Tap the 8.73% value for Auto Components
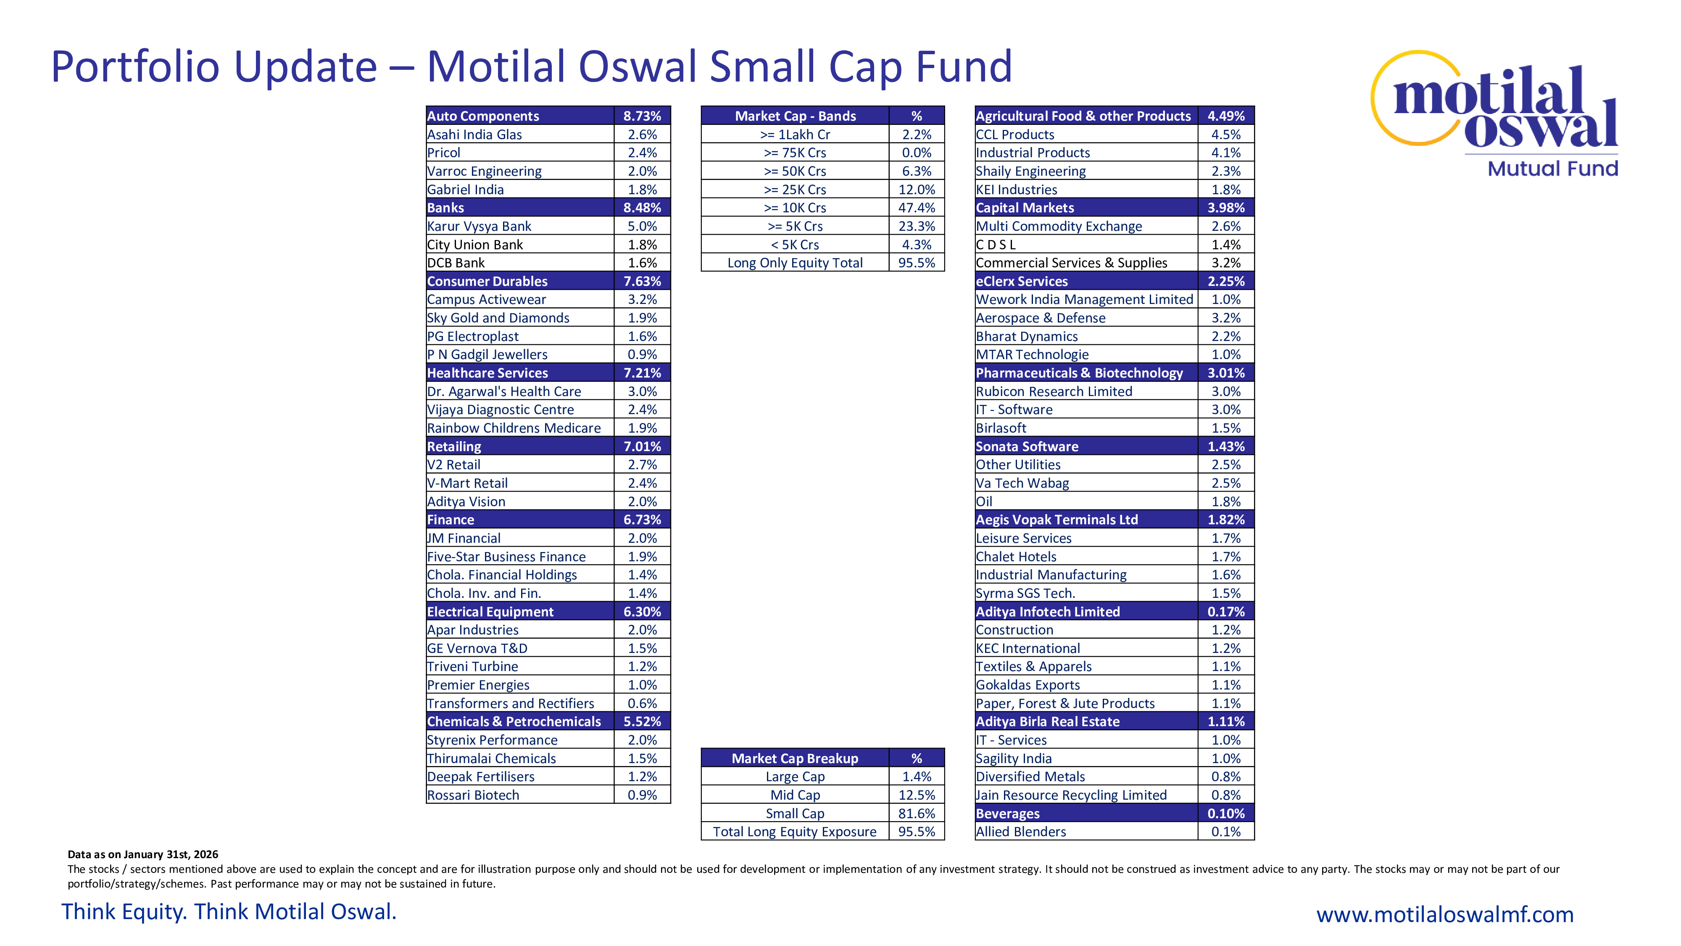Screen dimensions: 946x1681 tap(641, 116)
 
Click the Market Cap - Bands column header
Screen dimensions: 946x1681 tap(795, 116)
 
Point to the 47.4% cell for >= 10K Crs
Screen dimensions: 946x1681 tap(916, 208)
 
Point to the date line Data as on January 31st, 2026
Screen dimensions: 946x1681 tap(143, 854)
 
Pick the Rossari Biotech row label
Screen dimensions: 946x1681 tap(473, 795)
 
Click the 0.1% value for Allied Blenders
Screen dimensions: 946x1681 tap(1225, 832)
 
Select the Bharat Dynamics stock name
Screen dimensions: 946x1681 tap(1027, 336)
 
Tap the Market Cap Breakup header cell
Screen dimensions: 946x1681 tap(795, 758)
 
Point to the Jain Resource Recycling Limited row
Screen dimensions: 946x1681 tap(1071, 795)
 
